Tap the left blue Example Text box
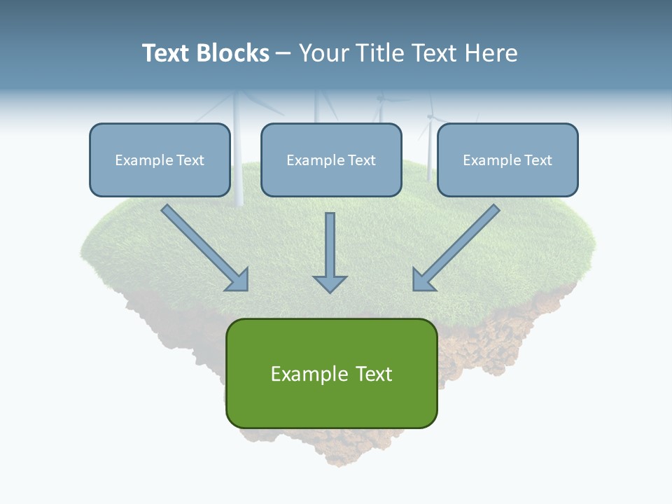click(x=160, y=160)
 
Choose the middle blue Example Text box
click(x=331, y=160)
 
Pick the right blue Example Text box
click(x=507, y=160)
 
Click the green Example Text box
click(x=331, y=374)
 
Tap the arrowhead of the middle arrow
click(x=330, y=283)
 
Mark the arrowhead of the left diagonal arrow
click(x=238, y=280)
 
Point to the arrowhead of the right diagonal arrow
click(x=423, y=280)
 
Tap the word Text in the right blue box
click(x=538, y=160)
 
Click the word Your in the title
click(x=322, y=53)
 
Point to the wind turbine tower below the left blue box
click(x=239, y=201)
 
